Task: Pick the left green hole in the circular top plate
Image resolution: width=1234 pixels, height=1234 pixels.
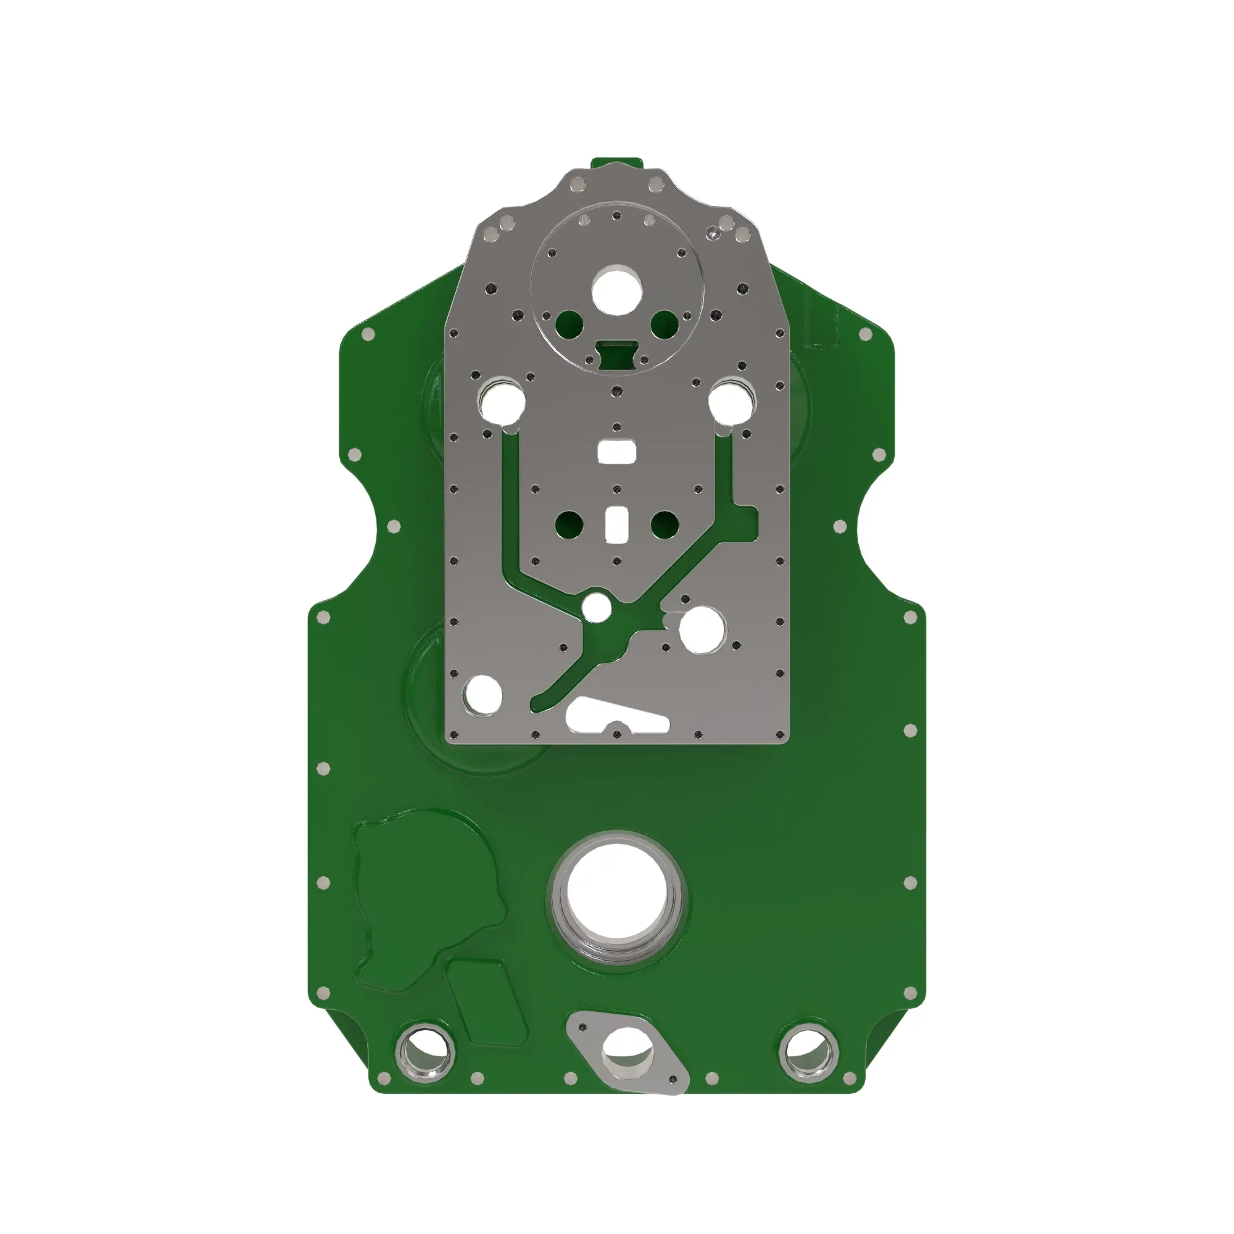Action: coord(569,324)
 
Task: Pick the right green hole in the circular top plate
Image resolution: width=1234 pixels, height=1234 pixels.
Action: coord(665,324)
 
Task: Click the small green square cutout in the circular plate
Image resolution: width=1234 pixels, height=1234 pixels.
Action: coord(616,353)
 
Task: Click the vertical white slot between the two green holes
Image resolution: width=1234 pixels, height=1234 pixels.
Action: coord(617,524)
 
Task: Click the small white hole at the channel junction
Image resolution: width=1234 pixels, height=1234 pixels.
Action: coord(597,607)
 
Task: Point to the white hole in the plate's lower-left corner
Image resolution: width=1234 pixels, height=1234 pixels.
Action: coord(484,694)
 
